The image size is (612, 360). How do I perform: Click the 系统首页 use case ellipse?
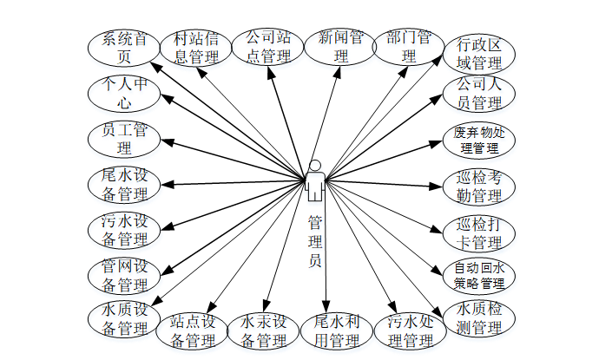(x=123, y=49)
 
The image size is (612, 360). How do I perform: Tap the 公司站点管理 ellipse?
(x=268, y=47)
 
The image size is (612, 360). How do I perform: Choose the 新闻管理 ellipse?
(x=340, y=47)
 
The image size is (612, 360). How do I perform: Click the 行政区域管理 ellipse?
(x=480, y=54)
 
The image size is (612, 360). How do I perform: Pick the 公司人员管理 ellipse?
(x=480, y=94)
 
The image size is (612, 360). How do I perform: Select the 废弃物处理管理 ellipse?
(x=480, y=140)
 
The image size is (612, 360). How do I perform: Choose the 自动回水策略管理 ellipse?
(x=480, y=275)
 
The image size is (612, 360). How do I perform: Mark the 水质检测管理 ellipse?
(x=480, y=317)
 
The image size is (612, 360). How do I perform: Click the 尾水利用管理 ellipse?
(x=338, y=331)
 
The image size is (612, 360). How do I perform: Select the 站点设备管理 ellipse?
(x=194, y=331)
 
